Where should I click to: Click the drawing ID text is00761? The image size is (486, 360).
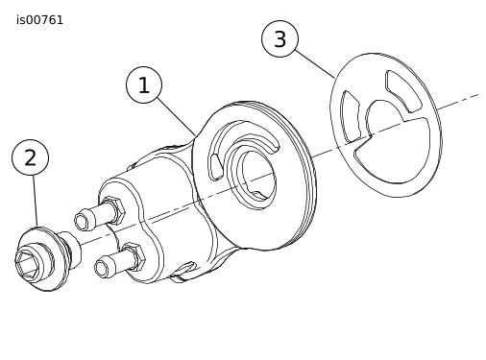[x=39, y=20]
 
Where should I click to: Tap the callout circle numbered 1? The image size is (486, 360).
[x=144, y=84]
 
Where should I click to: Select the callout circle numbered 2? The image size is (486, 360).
[x=30, y=157]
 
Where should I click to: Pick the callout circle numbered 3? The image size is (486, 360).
[x=279, y=39]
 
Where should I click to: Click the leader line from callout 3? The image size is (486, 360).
[x=315, y=64]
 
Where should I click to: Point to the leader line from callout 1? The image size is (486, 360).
[x=177, y=117]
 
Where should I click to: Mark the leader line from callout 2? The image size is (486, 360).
[x=35, y=201]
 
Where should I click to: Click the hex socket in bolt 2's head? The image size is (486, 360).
[x=27, y=261]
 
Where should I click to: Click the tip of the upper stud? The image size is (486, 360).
[x=83, y=220]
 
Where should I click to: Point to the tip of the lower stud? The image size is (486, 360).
[x=103, y=267]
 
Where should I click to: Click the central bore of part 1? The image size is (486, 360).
[x=258, y=176]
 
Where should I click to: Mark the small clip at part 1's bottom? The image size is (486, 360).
[x=182, y=272]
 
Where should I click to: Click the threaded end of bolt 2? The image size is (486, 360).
[x=69, y=250]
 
